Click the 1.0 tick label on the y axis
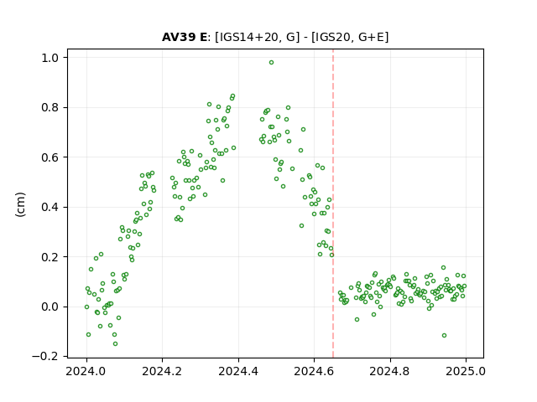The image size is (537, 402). pyautogui.click(x=50, y=58)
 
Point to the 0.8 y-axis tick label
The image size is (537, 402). pyautogui.click(x=50, y=108)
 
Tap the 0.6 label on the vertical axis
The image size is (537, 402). pyautogui.click(x=50, y=157)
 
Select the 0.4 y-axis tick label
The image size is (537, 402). pyautogui.click(x=50, y=207)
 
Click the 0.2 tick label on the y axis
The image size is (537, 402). pyautogui.click(x=50, y=257)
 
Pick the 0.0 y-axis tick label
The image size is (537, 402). pyautogui.click(x=50, y=307)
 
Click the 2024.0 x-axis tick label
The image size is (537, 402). pyautogui.click(x=86, y=371)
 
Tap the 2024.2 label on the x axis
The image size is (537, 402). pyautogui.click(x=162, y=371)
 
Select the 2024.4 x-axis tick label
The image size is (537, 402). pyautogui.click(x=238, y=371)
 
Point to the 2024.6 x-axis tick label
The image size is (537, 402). pyautogui.click(x=314, y=371)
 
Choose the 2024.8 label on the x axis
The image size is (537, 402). pyautogui.click(x=389, y=371)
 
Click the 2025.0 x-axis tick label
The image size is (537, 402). pyautogui.click(x=466, y=371)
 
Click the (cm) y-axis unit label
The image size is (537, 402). pyautogui.click(x=20, y=204)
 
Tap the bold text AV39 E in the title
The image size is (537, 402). pyautogui.click(x=185, y=37)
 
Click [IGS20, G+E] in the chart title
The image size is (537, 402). pyautogui.click(x=350, y=37)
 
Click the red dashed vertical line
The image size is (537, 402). pyautogui.click(x=333, y=204)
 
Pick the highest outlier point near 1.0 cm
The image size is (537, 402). pyautogui.click(x=271, y=63)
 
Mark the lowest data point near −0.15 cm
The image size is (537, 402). pyautogui.click(x=116, y=344)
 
